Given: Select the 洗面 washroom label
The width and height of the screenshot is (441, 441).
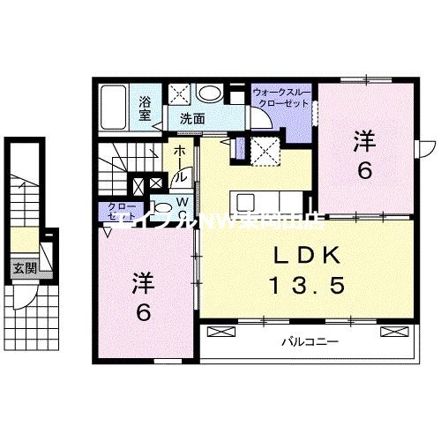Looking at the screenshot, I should (193, 117).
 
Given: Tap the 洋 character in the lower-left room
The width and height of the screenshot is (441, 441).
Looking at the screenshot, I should (144, 283).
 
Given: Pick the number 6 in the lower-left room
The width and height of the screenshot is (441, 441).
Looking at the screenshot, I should (144, 312).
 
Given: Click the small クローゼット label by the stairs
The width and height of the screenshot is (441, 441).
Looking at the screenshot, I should (116, 213).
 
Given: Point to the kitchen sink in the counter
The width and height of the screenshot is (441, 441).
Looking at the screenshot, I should (243, 199).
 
